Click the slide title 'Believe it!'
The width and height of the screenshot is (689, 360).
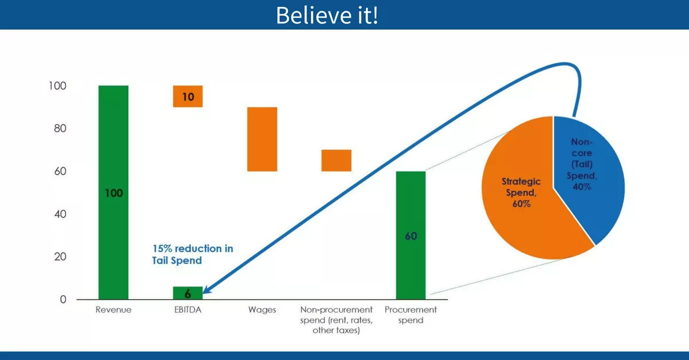(x=327, y=15)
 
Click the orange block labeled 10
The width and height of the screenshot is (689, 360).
(x=188, y=96)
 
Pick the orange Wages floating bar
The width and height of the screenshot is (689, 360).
(x=262, y=139)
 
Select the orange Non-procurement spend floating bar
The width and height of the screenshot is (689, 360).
(x=336, y=160)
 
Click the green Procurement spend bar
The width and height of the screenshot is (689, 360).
(x=411, y=264)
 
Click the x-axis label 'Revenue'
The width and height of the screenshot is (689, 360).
(x=113, y=310)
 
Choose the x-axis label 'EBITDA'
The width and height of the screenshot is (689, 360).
(x=188, y=310)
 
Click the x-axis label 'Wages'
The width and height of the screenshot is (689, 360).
(x=262, y=310)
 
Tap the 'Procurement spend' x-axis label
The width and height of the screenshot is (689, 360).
(x=411, y=315)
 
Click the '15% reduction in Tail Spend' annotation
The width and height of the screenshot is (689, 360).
(x=192, y=254)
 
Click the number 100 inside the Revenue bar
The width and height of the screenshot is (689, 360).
(x=113, y=193)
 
